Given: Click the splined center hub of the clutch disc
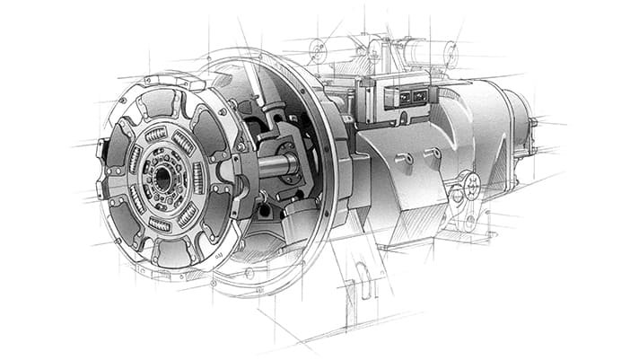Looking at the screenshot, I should click(162, 177).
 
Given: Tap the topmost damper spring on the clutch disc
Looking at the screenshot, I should click(156, 135).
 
